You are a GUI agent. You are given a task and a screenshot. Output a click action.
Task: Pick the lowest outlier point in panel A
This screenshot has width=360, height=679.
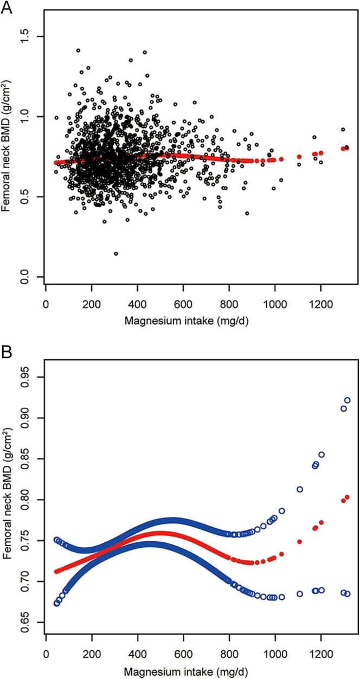[116, 253]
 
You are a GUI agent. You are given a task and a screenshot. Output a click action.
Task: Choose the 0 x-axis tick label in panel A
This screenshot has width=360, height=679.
[47, 303]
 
